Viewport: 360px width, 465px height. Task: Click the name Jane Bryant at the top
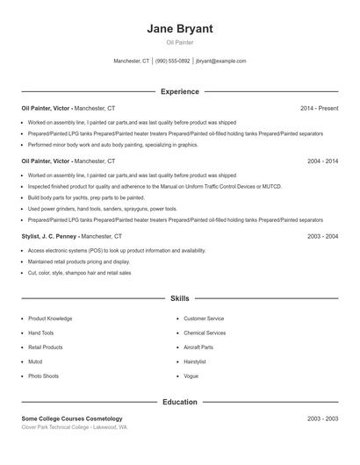pos(180,28)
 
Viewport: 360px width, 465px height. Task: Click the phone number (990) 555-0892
pos(172,61)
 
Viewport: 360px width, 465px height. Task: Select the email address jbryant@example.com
pos(220,61)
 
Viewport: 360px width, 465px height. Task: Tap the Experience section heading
pos(180,91)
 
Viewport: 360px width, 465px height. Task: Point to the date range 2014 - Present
pos(319,108)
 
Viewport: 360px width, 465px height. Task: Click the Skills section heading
pos(180,298)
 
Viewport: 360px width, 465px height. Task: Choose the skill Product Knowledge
pos(50,318)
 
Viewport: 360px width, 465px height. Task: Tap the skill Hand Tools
pos(40,333)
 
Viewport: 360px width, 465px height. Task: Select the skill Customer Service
pos(204,318)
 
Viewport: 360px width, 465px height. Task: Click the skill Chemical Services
pos(205,333)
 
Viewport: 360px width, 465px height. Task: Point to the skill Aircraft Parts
pos(198,347)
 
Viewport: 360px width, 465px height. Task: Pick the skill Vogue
pos(191,376)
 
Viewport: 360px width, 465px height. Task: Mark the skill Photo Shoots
pos(43,376)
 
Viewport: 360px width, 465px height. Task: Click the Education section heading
pos(180,402)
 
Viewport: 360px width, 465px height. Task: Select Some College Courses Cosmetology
pos(72,418)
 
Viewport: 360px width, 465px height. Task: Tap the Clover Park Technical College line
pos(74,427)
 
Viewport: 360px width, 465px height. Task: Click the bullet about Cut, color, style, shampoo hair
pos(79,273)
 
